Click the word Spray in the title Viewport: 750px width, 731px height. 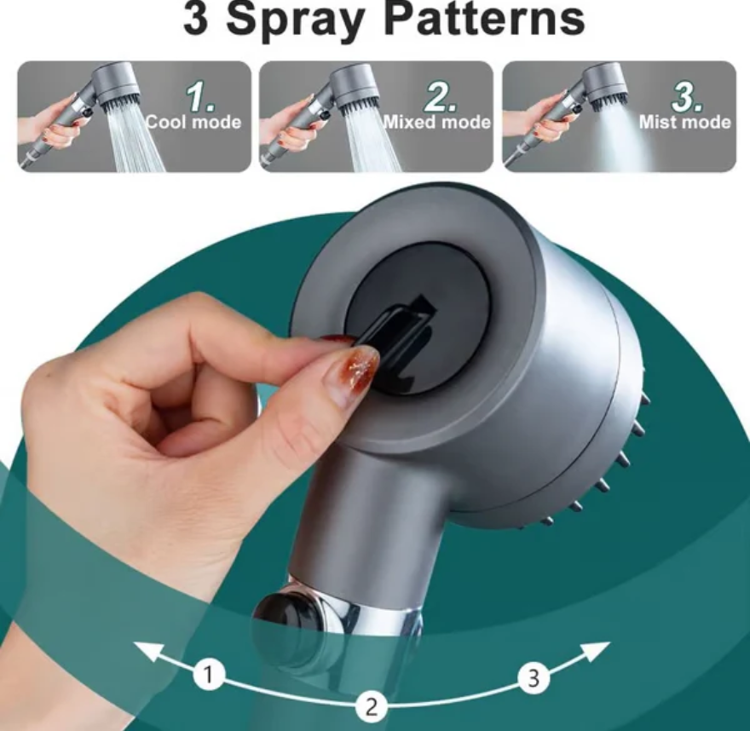tap(294, 20)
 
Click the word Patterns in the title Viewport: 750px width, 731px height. tap(485, 18)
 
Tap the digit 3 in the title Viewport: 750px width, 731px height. tap(196, 18)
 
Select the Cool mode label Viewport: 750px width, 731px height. tap(193, 123)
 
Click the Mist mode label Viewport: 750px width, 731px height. tap(685, 123)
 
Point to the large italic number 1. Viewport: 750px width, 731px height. tap(199, 97)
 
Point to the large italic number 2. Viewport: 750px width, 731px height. tap(441, 97)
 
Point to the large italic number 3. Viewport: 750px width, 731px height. tap(687, 97)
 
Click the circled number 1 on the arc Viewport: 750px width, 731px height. tap(209, 675)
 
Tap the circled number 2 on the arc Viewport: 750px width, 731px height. tap(372, 706)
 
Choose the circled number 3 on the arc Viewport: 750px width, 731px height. tap(534, 678)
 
